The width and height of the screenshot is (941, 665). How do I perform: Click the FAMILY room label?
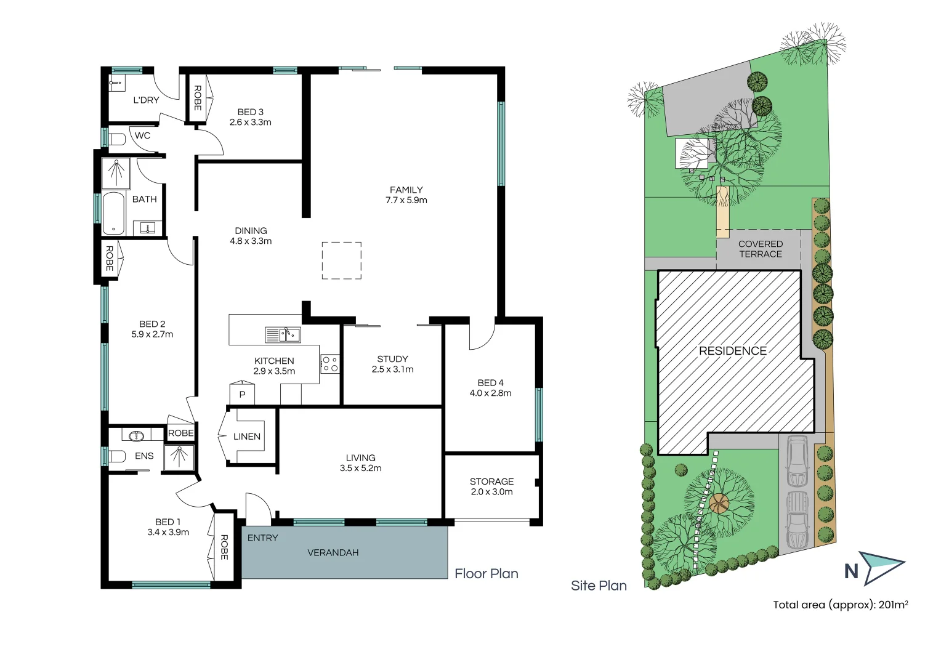point(406,190)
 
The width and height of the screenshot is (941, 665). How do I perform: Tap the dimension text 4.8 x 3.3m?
point(251,241)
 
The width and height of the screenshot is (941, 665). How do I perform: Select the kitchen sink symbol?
point(283,335)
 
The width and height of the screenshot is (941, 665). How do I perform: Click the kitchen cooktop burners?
point(329,364)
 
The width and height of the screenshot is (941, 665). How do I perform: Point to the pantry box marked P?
point(242,394)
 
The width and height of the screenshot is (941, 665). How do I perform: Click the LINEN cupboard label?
point(247,437)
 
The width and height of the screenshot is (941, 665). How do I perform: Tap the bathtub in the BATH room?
point(113,214)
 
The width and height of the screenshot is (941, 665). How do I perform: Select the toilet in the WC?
point(117,139)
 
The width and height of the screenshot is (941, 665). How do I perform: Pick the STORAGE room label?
point(491,482)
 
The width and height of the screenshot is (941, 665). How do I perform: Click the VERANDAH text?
point(333,553)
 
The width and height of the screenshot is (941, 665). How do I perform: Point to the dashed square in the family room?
point(342,260)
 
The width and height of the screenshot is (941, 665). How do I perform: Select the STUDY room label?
point(392,359)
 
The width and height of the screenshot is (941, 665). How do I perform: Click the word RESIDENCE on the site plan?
point(732,351)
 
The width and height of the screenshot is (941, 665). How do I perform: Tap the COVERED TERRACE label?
point(761,249)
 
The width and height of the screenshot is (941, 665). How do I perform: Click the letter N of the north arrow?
point(851,571)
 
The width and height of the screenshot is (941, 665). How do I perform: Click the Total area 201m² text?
point(840,605)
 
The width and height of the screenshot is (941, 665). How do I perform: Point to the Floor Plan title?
point(486,574)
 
